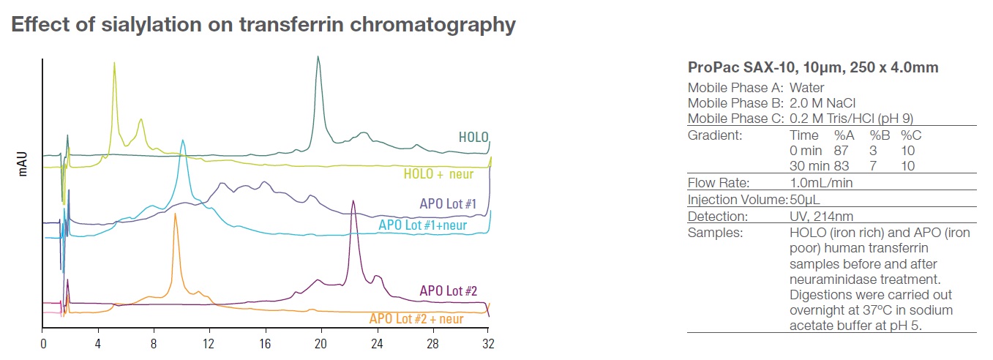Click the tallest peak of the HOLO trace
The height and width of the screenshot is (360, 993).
point(318,57)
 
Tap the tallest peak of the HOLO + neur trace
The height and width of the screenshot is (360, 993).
point(114,64)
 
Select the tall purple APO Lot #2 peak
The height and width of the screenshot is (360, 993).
point(353,202)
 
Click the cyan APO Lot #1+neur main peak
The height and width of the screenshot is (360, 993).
point(183,141)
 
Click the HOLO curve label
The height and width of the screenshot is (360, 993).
point(473,137)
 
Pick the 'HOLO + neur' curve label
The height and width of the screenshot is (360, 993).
point(438,174)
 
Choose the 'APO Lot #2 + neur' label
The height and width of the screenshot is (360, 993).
point(427,318)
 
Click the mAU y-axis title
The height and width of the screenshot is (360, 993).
point(23,164)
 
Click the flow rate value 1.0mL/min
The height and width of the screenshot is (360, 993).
point(821,183)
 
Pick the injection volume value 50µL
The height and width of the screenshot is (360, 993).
point(805,200)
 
